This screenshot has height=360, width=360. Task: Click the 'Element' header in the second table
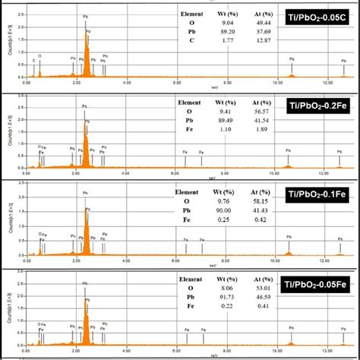[189, 101]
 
